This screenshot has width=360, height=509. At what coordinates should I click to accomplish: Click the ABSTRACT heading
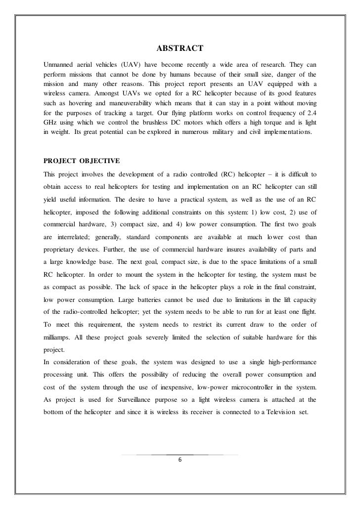tap(180, 48)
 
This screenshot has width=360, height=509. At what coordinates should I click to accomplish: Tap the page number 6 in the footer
tap(180, 461)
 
